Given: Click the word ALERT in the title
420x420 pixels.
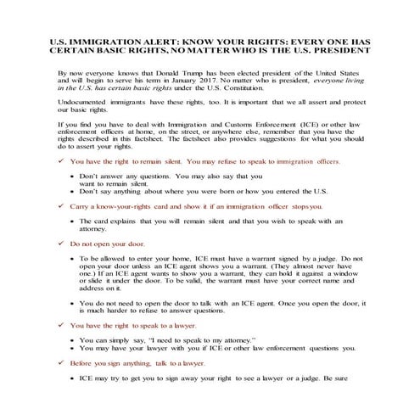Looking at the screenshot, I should coord(140,41).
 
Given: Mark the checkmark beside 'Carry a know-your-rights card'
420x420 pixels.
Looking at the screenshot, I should coord(59,205).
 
